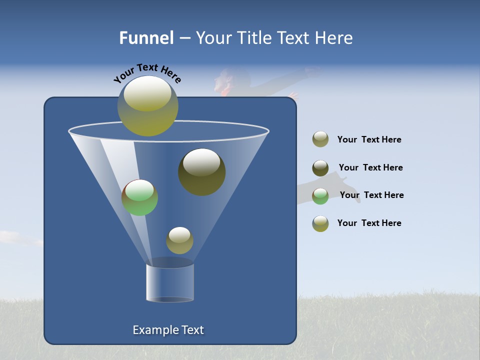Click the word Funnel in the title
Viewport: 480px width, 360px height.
pyautogui.click(x=146, y=38)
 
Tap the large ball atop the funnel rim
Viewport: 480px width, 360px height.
pyautogui.click(x=148, y=105)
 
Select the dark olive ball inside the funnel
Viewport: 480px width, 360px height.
pyautogui.click(x=202, y=172)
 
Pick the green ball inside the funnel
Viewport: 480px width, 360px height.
pyautogui.click(x=139, y=197)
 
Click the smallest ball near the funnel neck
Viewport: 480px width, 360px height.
pyautogui.click(x=179, y=240)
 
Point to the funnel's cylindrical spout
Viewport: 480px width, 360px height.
pyautogui.click(x=170, y=282)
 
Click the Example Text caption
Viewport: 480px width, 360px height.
pyautogui.click(x=168, y=330)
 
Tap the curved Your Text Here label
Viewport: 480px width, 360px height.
pyautogui.click(x=147, y=73)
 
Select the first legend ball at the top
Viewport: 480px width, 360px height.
pyautogui.click(x=320, y=139)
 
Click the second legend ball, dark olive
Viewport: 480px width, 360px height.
pyautogui.click(x=320, y=168)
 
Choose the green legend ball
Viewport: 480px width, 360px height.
pyautogui.click(x=320, y=196)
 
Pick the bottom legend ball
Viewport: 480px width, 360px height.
pyautogui.click(x=320, y=223)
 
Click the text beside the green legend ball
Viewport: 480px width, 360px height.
pyautogui.click(x=371, y=195)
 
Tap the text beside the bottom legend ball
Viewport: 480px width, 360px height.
pyautogui.click(x=369, y=223)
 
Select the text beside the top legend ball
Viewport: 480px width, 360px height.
pyautogui.click(x=369, y=140)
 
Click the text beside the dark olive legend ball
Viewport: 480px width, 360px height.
pyautogui.click(x=370, y=167)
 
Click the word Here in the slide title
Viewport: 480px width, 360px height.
pyautogui.click(x=334, y=38)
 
